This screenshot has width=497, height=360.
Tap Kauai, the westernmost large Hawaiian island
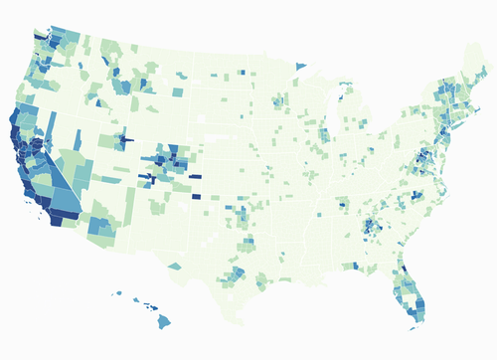[117, 294]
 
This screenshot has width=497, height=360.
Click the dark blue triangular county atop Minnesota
[301, 67]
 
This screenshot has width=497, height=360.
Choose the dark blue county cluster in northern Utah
[124, 138]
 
